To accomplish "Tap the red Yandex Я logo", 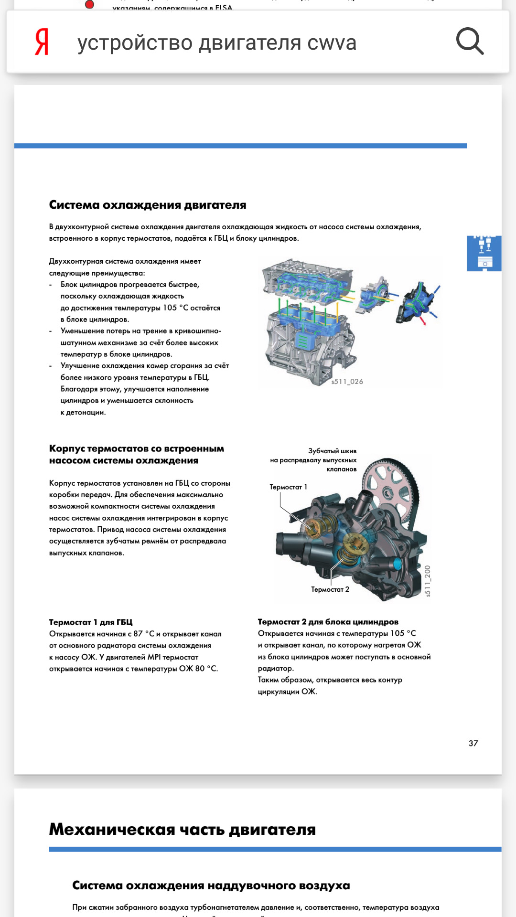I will tap(42, 42).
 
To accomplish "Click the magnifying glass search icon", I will tap(470, 42).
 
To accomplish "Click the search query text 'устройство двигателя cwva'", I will tap(217, 43).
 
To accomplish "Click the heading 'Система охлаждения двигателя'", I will tap(148, 205).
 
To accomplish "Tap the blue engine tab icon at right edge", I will tap(484, 253).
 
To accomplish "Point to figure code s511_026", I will tap(347, 382).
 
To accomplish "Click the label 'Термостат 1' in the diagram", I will tap(288, 487).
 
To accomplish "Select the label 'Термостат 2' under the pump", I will tap(330, 590).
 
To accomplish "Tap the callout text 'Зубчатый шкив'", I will tap(332, 451).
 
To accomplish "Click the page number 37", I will tap(473, 743).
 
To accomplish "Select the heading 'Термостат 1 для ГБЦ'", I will tap(91, 622).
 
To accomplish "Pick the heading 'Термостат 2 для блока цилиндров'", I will tap(328, 622).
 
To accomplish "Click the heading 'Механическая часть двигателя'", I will tap(183, 830).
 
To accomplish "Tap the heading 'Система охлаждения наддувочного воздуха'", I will tap(211, 885).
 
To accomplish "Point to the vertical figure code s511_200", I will tap(428, 581).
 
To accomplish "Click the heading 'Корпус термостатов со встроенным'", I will tap(137, 449).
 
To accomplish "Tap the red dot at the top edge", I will tap(89, 4).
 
